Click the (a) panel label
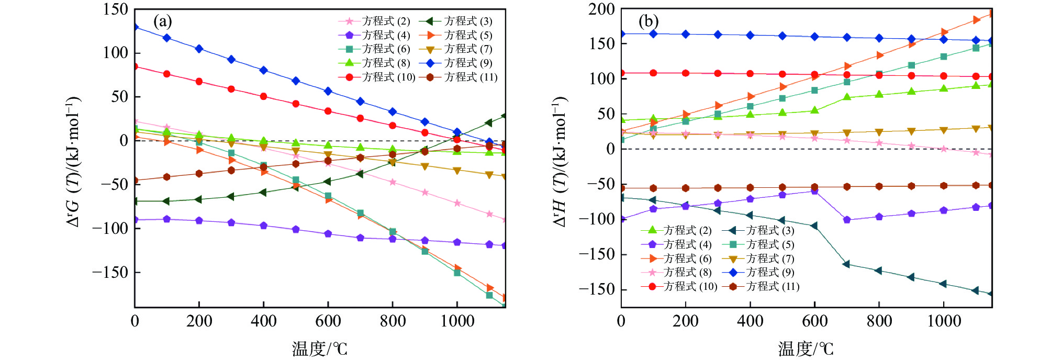coord(162,21)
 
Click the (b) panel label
coord(649,21)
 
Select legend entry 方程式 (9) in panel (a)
coord(468,63)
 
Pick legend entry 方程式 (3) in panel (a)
coord(468,21)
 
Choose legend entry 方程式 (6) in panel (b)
coord(687,258)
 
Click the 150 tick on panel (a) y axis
coord(115,9)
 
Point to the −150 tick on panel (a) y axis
coord(110,272)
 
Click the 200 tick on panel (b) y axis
coord(601,9)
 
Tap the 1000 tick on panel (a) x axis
coord(457,321)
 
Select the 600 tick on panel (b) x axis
coord(814,321)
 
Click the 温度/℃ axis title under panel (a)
coord(320,348)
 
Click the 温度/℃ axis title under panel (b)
coord(806,348)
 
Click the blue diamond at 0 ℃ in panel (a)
coord(135,27)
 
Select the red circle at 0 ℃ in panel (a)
coord(135,66)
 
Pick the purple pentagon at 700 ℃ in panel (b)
coord(847,220)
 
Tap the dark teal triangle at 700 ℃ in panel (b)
coord(847,264)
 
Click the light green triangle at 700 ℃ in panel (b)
coord(847,97)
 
